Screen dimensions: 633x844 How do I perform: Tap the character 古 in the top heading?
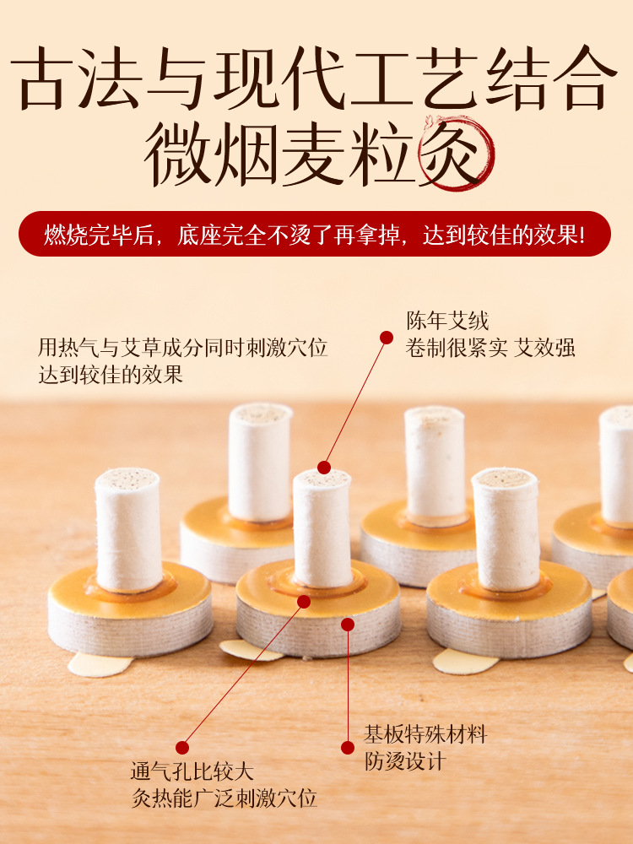(x=42, y=78)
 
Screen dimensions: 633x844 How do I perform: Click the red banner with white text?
(x=315, y=234)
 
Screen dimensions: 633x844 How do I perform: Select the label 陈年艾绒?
(x=447, y=322)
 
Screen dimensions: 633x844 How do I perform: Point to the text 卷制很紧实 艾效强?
(x=490, y=348)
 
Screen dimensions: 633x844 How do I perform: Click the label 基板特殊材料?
(x=425, y=734)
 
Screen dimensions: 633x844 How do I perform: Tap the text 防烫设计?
(x=405, y=761)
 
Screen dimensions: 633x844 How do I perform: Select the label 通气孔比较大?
(x=192, y=771)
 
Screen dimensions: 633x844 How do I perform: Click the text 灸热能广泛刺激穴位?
(x=225, y=798)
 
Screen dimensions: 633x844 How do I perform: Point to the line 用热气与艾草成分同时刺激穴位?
(x=182, y=348)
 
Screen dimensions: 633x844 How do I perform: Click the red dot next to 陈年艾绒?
(x=386, y=338)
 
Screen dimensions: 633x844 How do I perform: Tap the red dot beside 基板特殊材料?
(x=348, y=748)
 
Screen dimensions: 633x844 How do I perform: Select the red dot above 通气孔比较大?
(x=182, y=748)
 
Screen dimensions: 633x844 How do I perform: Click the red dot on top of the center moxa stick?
(x=324, y=468)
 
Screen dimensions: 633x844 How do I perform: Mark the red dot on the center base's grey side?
(x=348, y=625)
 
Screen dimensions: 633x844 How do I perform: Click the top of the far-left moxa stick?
(x=127, y=479)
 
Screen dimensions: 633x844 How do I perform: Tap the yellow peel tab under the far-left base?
(x=100, y=664)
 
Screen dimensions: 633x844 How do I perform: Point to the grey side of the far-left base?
(x=130, y=629)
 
